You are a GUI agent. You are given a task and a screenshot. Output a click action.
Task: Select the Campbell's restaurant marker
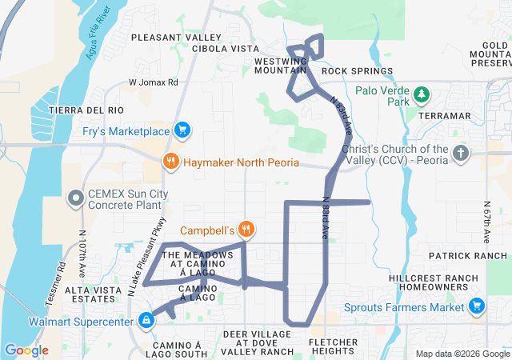[246, 230]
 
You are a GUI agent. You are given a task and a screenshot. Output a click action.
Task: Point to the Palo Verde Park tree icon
[422, 96]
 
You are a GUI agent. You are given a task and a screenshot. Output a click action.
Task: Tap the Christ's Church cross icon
[460, 153]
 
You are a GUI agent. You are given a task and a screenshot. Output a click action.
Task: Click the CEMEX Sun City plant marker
[76, 197]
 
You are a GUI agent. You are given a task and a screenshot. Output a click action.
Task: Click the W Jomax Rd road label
[153, 82]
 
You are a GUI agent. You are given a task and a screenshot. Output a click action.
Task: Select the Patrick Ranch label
[468, 256]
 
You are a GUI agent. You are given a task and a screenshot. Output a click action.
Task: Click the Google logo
[26, 350]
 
